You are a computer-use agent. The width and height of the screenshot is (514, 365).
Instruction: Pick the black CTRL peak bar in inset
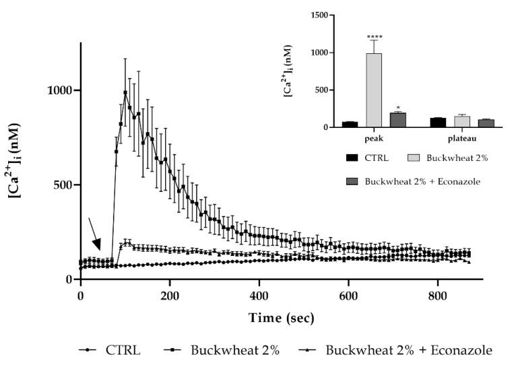click(x=350, y=124)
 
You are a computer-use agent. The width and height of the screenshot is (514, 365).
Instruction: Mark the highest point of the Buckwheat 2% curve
click(x=125, y=92)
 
